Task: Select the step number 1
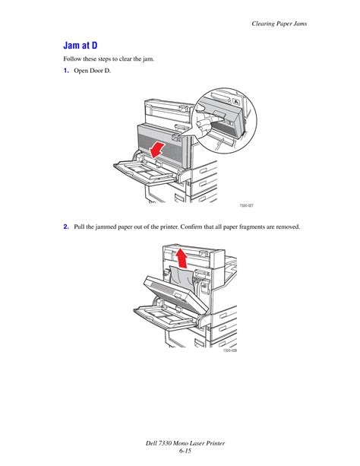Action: pos(66,71)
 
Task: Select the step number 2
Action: pos(66,227)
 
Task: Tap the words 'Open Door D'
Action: pos(91,71)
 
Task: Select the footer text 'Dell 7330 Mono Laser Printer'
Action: pos(180,443)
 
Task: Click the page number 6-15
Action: pos(180,453)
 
